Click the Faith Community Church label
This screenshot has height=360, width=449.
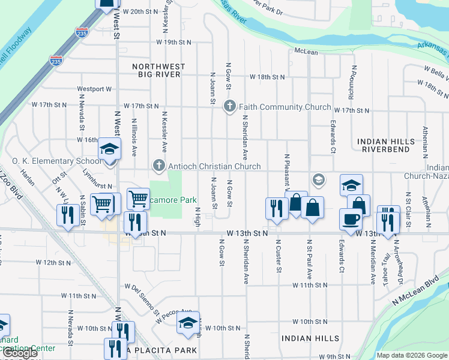(285, 107)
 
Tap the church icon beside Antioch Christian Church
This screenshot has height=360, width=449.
(159, 165)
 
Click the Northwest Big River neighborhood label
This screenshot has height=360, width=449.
(157, 70)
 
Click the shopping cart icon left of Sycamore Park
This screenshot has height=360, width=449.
(138, 199)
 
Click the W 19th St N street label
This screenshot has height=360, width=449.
(173, 42)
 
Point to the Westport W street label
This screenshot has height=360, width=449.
(94, 89)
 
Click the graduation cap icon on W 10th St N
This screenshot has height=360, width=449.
(188, 323)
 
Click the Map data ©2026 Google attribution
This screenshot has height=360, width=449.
(411, 355)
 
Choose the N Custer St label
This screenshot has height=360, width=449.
(279, 255)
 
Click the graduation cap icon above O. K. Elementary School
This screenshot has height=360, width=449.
(110, 148)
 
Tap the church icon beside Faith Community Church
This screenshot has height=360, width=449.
(229, 107)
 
